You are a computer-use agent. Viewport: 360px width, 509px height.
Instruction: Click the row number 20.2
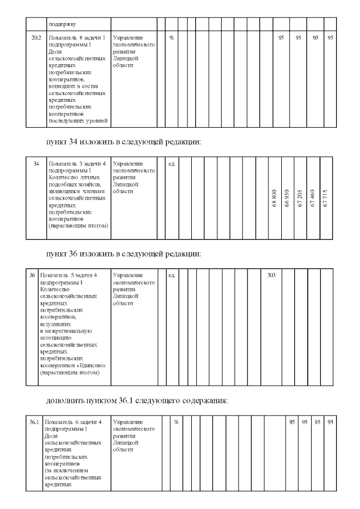tap(35, 37)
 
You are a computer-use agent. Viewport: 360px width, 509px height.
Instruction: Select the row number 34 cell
tap(36, 163)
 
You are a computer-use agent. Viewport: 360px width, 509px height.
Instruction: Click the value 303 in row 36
tap(271, 276)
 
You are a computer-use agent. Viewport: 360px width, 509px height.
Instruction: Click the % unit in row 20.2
tap(172, 37)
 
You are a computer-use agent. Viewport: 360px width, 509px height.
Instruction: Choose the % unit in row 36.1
tap(176, 422)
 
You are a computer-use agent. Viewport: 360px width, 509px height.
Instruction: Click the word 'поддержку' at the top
tap(62, 24)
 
